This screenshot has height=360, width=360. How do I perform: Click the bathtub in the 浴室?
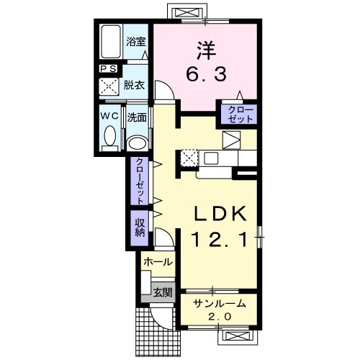111,41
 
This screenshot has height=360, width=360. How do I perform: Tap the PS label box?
109,69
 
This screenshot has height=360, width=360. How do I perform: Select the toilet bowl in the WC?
110,136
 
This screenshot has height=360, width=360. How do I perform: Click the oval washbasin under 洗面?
137,144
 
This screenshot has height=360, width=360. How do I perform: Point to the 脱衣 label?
134,85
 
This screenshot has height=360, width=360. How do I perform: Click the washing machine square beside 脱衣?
109,86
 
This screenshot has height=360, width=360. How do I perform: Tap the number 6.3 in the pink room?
206,73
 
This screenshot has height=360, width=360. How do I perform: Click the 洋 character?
206,50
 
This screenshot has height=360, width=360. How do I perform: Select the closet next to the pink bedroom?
239,114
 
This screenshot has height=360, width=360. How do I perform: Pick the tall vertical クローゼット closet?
140,181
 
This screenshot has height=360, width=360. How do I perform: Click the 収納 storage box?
140,228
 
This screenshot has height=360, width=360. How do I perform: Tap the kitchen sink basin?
211,158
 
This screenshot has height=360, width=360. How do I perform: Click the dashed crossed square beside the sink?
189,158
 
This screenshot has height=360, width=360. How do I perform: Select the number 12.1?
220,240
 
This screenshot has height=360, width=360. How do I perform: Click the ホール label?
158,261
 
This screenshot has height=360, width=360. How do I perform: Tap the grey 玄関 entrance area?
158,292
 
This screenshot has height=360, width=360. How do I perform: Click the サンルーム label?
220,304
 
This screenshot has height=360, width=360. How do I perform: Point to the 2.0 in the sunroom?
220,317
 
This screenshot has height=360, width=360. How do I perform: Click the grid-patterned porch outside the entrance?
157,336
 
